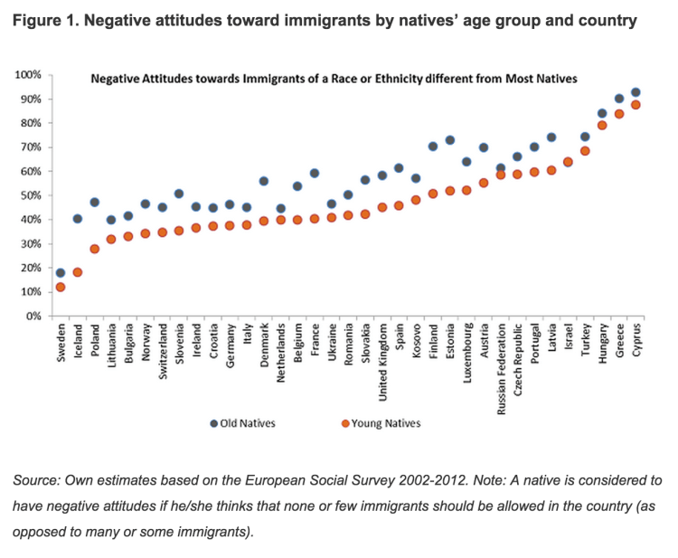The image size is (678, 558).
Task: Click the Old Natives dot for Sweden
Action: point(61,272)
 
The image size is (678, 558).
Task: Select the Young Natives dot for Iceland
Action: point(77,272)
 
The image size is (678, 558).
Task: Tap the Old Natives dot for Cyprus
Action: point(636,92)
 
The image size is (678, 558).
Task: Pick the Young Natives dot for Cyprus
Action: point(636,105)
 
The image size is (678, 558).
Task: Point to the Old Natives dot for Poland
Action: point(94,202)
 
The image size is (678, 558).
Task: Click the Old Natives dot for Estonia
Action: point(450,140)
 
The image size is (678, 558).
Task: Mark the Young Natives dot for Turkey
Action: point(585,151)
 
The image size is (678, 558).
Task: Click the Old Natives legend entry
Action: point(244,422)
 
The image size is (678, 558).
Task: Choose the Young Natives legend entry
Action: point(383,422)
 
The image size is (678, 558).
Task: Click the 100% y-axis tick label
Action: point(27,74)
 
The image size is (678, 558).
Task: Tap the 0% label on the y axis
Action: point(33,317)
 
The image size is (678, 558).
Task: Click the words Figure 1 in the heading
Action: point(44,18)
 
